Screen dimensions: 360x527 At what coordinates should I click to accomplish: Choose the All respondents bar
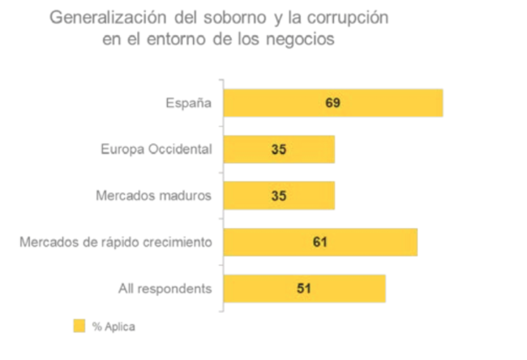pos(349,288)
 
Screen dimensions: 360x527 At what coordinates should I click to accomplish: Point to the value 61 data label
pos(319,242)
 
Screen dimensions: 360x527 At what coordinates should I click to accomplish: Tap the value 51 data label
pos(303,288)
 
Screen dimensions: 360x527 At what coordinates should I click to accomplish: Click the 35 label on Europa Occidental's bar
pos(277,149)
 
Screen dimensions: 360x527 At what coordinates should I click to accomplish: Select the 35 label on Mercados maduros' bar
pos(277,195)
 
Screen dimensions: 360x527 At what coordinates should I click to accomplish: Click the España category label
pos(189,103)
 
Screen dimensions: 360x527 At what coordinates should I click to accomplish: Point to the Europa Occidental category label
pos(156,149)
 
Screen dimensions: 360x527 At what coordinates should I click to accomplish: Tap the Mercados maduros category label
pos(153,195)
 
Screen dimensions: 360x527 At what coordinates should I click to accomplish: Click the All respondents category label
pos(165,288)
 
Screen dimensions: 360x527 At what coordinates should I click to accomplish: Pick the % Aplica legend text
pos(114,327)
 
